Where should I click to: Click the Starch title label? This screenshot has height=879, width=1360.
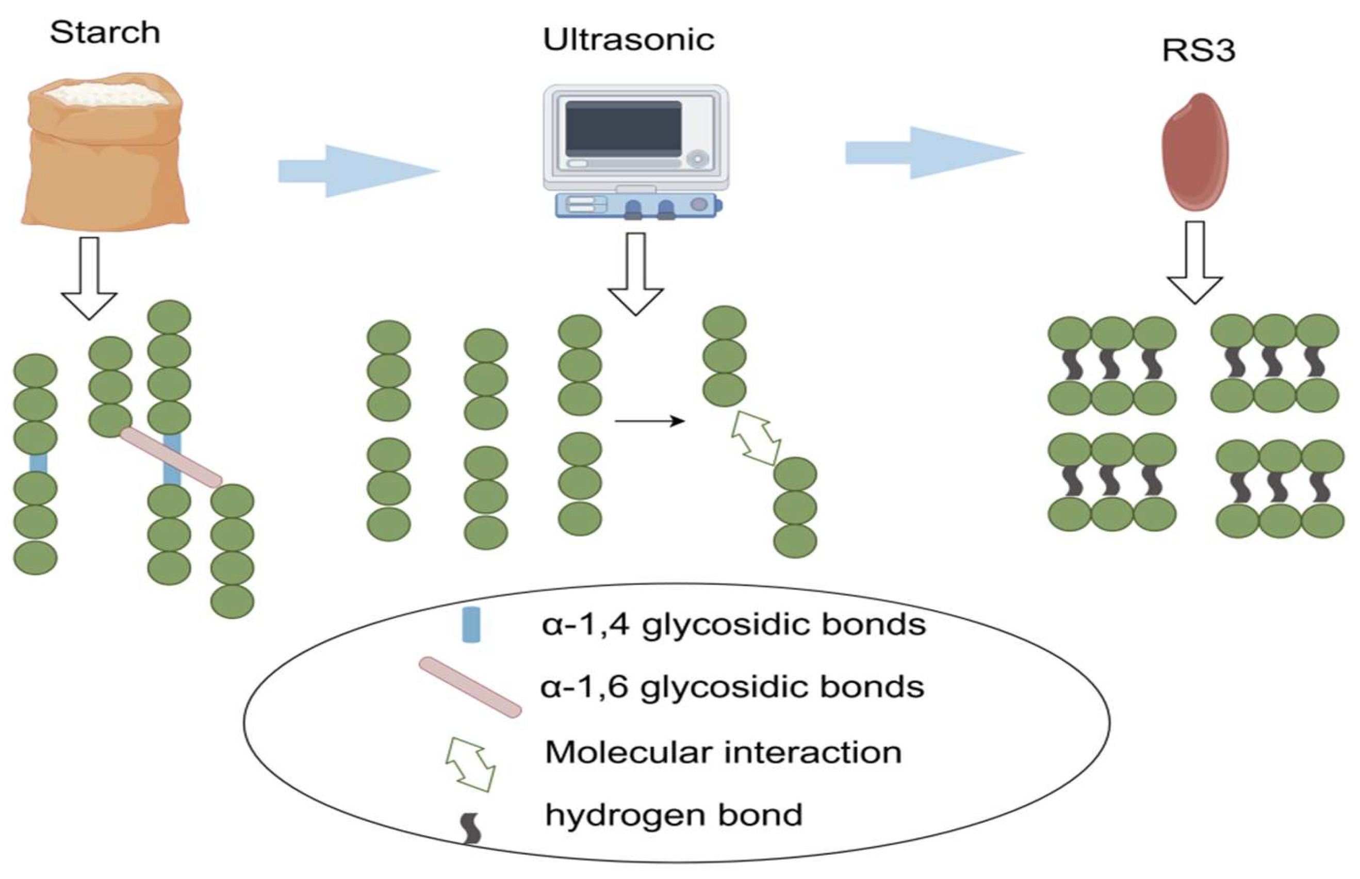[105, 32]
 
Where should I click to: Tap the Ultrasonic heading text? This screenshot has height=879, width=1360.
[628, 40]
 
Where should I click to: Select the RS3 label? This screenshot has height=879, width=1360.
[1199, 50]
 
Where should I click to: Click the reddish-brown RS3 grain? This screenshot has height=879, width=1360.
[1195, 151]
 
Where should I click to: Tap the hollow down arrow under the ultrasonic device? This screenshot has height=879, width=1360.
[635, 274]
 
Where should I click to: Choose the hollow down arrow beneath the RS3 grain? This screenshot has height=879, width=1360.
[1194, 263]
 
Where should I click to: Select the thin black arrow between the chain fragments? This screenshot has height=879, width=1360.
[649, 422]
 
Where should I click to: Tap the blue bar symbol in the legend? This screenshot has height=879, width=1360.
[471, 625]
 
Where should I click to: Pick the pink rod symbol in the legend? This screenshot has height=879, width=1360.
[470, 687]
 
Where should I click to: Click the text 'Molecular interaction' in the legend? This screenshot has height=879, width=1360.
[723, 752]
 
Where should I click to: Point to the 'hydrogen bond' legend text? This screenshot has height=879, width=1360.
[674, 815]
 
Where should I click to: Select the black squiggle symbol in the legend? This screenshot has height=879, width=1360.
[471, 829]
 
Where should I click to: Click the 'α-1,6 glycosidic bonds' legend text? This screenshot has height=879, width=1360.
[732, 687]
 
